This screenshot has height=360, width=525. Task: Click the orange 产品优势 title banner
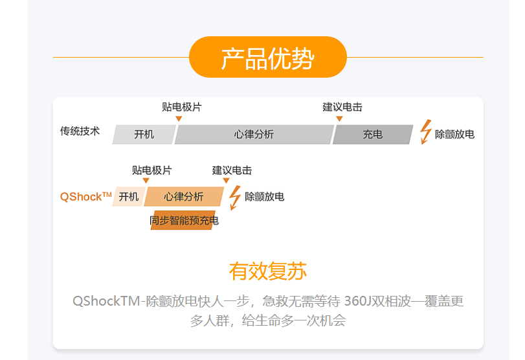[x=267, y=58]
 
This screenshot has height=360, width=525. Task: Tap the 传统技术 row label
[x=80, y=131]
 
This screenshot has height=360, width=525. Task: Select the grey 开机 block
[x=144, y=135]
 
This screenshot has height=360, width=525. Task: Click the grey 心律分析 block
[x=254, y=135]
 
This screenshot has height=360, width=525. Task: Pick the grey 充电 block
[x=372, y=135]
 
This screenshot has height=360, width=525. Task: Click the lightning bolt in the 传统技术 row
[x=425, y=132]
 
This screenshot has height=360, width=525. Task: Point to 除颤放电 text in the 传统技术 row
[x=454, y=135]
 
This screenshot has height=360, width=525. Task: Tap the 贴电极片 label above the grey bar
[x=181, y=107]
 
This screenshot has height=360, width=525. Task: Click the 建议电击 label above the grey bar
[x=342, y=107]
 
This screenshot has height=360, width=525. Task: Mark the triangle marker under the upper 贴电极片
[x=179, y=118]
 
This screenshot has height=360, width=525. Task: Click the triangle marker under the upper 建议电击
[x=339, y=118]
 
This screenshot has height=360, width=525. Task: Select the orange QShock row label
[x=85, y=197]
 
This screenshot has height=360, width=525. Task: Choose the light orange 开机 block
[x=129, y=197]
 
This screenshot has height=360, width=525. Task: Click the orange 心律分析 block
[x=183, y=197]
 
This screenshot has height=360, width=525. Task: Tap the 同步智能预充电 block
[x=184, y=221]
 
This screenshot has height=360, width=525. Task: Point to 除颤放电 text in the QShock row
[x=264, y=197]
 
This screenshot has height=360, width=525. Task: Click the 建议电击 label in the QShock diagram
[x=232, y=170]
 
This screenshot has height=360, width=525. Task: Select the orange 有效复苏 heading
[x=267, y=271]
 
